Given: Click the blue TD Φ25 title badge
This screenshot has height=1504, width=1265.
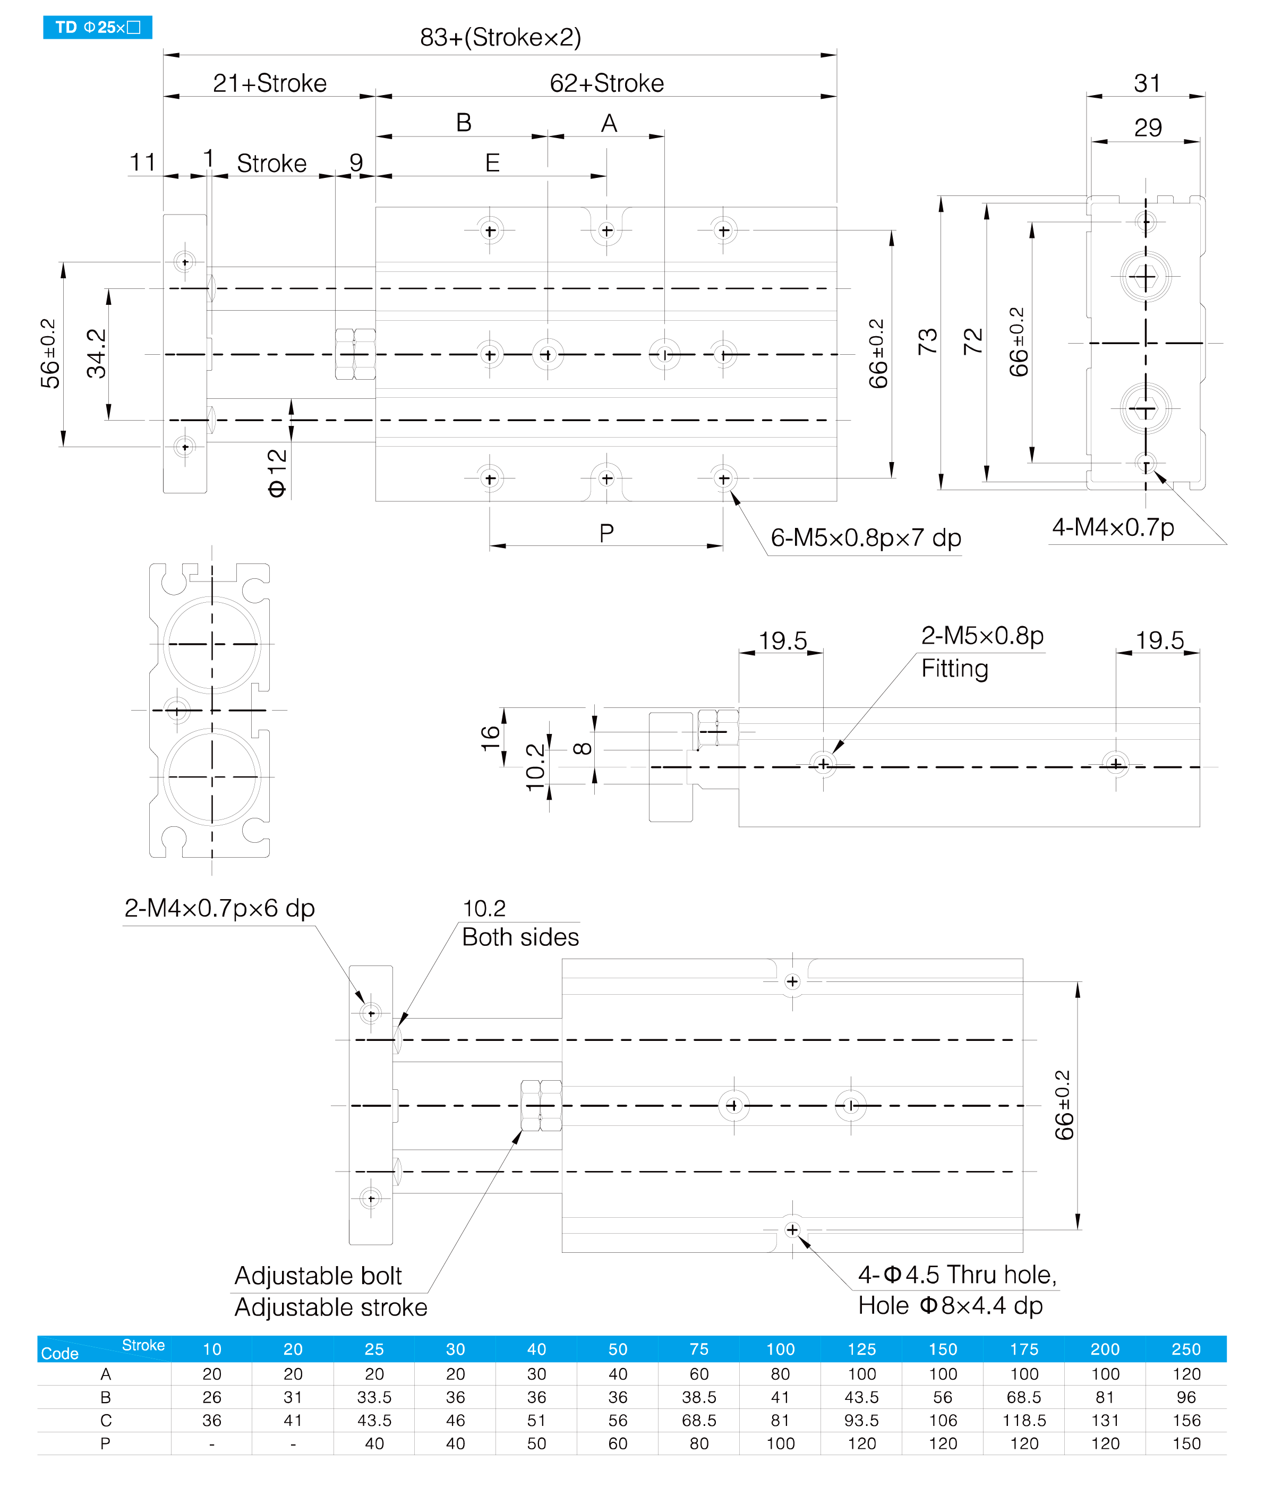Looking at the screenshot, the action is (98, 27).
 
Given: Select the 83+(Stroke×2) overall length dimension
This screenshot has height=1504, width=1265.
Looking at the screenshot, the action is (501, 37).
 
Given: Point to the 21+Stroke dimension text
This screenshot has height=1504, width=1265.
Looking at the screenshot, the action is (270, 83).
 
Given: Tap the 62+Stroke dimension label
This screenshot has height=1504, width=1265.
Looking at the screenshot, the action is (606, 83).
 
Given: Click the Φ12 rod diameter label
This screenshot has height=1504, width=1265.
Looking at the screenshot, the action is (277, 473).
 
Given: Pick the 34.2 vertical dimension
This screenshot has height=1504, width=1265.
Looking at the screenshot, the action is (96, 354).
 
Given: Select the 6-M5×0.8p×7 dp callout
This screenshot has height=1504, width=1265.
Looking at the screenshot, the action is (866, 537).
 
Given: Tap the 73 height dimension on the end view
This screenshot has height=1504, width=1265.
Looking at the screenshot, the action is (927, 341).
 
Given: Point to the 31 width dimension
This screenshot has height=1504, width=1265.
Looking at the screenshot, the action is (1147, 83).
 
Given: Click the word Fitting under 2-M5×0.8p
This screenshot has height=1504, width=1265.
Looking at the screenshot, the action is (954, 669).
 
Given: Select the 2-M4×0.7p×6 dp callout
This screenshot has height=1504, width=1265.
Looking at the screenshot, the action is (219, 908).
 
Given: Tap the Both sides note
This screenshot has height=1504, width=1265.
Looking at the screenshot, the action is (520, 937).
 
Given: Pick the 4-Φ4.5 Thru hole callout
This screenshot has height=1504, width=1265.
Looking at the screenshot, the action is (958, 1275).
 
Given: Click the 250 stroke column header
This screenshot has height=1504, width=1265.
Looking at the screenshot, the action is (1186, 1349).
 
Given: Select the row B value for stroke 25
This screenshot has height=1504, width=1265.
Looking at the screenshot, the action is (374, 1397).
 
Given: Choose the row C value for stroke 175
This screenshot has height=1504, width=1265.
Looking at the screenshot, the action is (1024, 1420).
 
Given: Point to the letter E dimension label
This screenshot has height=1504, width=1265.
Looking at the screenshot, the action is (492, 164).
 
